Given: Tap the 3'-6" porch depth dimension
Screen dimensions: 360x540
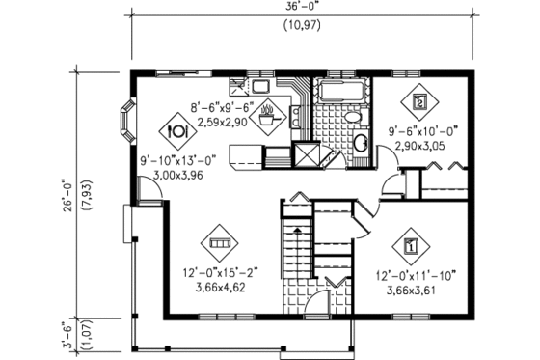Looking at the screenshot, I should click(67, 335).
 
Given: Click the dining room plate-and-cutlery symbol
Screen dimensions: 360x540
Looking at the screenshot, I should click(177, 127).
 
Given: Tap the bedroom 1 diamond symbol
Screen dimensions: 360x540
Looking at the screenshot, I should click(413, 245).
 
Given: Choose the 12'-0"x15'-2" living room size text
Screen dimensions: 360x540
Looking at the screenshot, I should click(218, 275).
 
